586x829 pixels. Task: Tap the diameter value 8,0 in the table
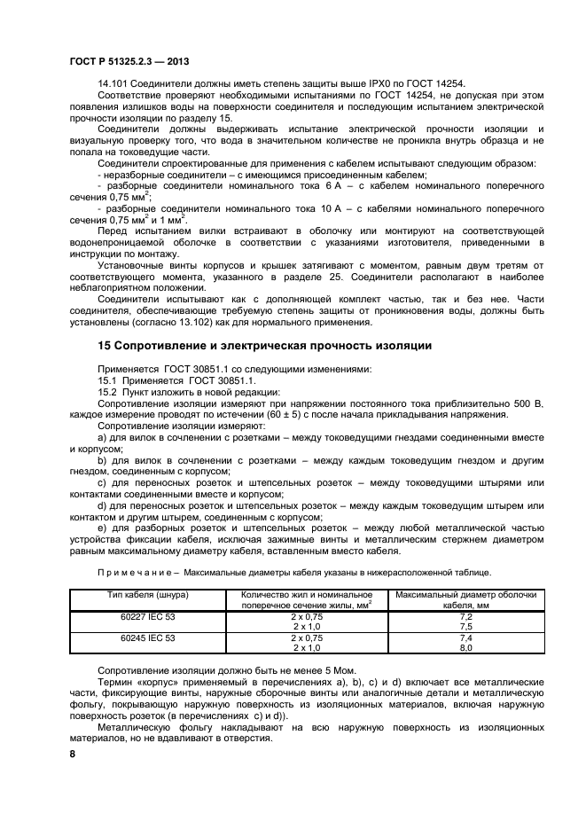click(x=465, y=647)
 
